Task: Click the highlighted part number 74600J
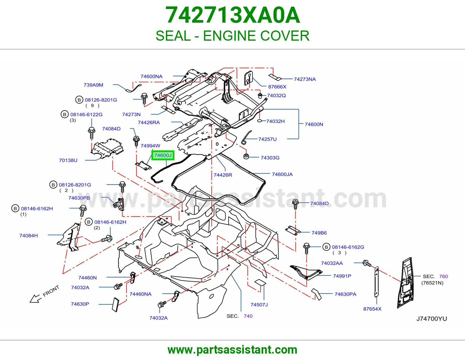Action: [x=163, y=155]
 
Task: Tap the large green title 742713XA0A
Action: [x=233, y=15]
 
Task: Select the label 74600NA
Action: [x=151, y=76]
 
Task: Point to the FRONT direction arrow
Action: [x=35, y=299]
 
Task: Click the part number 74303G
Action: [x=270, y=158]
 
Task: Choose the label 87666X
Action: [x=277, y=87]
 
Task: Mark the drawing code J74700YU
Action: [x=432, y=319]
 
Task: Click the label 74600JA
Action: [x=282, y=174]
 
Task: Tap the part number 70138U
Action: [x=68, y=160]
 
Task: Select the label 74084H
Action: [x=29, y=235]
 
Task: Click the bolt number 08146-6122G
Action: [x=86, y=115]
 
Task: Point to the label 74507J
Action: [x=259, y=305]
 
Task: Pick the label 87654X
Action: [x=372, y=309]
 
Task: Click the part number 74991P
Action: [x=342, y=276]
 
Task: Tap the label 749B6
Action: [x=319, y=233]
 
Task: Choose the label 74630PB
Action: [x=79, y=198]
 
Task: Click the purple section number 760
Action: [x=443, y=276]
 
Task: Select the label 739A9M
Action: [x=93, y=85]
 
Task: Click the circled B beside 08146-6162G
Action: [x=326, y=247]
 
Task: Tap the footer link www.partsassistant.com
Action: [x=233, y=350]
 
